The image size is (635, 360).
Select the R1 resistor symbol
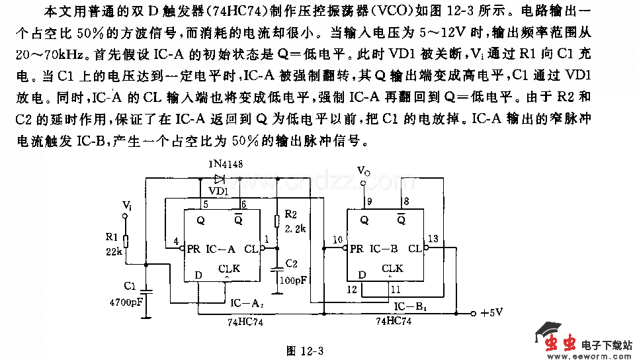click(126, 242)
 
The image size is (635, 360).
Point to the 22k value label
click(112, 253)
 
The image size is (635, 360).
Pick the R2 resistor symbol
click(276, 223)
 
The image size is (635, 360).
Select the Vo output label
click(364, 171)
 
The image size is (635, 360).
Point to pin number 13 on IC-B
click(433, 239)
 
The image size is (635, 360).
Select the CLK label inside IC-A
click(229, 268)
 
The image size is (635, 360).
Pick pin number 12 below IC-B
click(351, 289)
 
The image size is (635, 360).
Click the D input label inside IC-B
click(361, 275)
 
